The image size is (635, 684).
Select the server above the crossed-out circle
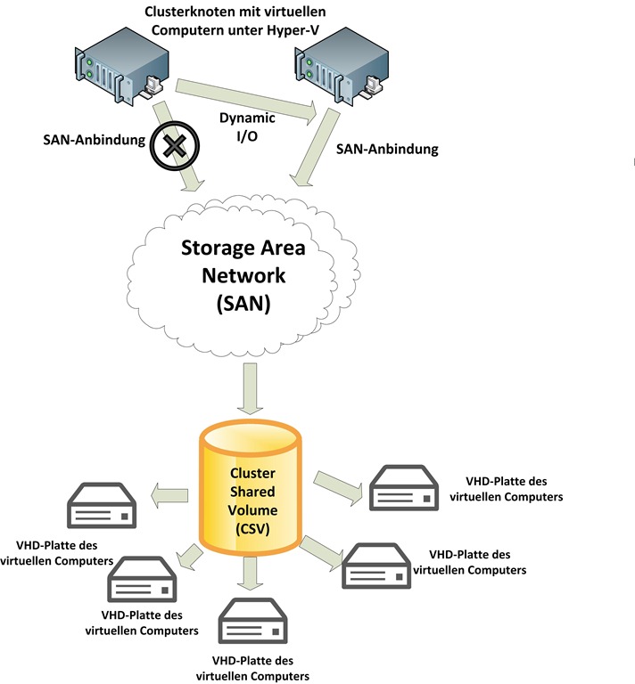(121, 64)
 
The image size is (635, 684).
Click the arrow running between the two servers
(245, 97)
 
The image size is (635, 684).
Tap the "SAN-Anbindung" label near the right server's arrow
(387, 150)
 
